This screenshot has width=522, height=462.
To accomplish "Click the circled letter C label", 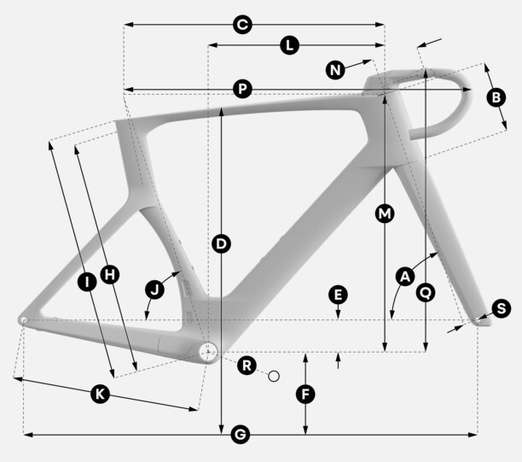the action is point(242,25).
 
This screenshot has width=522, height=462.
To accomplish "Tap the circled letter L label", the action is point(290,45).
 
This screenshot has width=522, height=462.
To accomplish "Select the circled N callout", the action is point(335,70).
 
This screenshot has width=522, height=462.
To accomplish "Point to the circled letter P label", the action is point(242,89).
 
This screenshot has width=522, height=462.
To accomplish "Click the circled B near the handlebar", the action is point(496,97).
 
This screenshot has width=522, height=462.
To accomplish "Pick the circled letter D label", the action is point(221,243).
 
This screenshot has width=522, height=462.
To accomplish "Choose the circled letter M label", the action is point(385,213).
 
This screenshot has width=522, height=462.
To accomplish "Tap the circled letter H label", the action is point(110,275).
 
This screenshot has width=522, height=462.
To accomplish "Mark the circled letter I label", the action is point(87,283).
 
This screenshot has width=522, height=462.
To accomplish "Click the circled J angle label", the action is point(154,289).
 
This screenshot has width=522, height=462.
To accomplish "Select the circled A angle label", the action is point(405,277).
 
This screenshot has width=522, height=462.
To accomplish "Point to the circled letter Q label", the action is point(426,293).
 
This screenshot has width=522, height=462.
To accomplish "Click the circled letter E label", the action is point(338,295).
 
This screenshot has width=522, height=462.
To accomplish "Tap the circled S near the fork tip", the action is point(501,308).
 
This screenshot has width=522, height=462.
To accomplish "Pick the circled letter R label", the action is point(246,366).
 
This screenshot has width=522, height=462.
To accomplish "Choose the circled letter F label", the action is point(305,395).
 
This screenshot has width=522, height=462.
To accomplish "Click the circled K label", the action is point(100,395).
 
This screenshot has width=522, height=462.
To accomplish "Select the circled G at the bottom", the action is point(240,435).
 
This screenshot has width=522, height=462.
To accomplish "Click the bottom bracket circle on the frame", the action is point(208,352).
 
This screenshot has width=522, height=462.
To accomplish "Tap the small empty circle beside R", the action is point(274,377).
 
